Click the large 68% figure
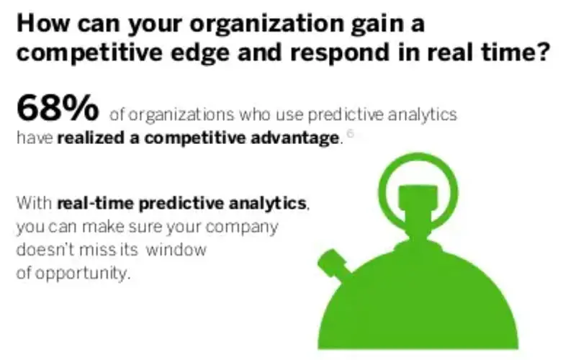(x=58, y=109)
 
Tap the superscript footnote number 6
(x=350, y=133)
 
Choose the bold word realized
(x=92, y=139)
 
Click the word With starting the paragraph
(x=35, y=204)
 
